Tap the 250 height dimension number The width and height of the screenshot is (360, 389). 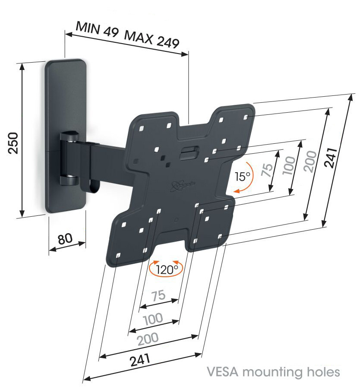click(13, 143)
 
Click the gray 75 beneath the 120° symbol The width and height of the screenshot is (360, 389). click(158, 296)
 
